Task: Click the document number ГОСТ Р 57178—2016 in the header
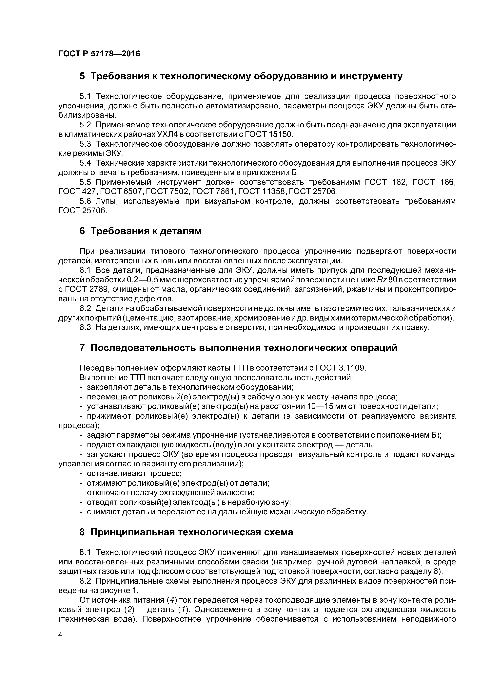tap(99, 54)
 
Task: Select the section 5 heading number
tap(82, 77)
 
